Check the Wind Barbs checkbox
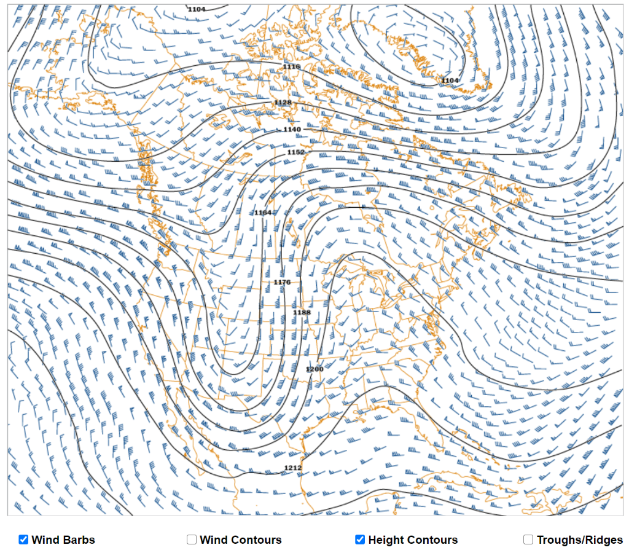tap(23, 540)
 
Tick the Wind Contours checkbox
tap(192, 540)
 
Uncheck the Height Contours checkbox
tap(360, 540)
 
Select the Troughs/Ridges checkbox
tap(528, 540)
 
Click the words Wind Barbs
tap(63, 540)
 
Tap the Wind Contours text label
tap(241, 540)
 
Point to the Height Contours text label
tap(413, 540)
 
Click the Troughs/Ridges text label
tap(579, 540)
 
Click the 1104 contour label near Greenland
tap(450, 81)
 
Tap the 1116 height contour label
tap(291, 66)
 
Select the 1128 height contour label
tap(283, 102)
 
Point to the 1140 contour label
tap(292, 130)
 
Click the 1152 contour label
tap(296, 152)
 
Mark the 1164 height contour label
tap(263, 213)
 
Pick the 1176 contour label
tap(282, 282)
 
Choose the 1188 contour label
tap(302, 313)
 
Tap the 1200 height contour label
tap(314, 369)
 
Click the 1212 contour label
tap(293, 468)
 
